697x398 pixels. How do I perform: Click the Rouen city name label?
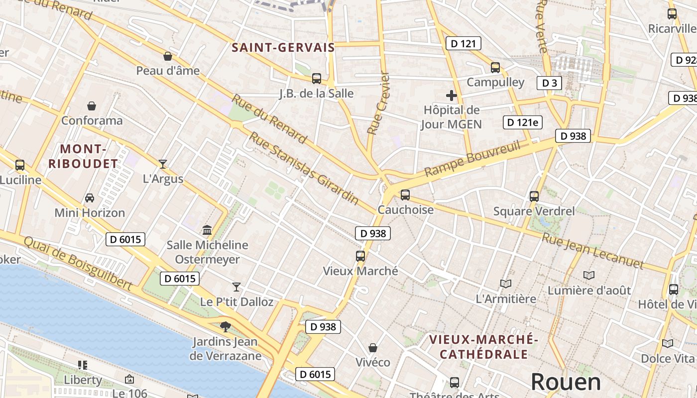566,382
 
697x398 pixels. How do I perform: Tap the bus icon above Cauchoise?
405,195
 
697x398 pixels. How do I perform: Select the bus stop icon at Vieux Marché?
360,256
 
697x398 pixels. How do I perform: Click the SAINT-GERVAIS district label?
283,48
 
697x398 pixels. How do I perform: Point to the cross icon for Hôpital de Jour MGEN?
452,95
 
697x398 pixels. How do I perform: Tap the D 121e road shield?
522,122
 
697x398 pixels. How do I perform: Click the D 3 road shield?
549,83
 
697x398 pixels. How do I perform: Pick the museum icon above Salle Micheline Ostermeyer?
207,230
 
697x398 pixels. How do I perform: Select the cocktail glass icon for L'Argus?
163,164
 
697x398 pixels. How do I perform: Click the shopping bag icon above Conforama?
92,105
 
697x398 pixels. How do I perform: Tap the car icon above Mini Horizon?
90,198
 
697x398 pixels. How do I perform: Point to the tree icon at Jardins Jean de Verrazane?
226,326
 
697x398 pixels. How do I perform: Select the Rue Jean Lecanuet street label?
592,251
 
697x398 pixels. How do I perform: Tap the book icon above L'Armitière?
506,284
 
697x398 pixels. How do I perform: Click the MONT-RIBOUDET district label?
83,156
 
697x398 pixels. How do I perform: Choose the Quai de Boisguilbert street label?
78,263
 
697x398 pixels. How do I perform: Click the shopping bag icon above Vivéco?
373,347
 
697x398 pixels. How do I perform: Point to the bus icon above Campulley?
495,67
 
